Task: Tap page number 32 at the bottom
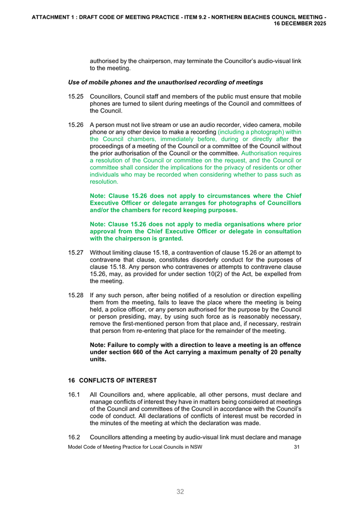click(x=180, y=491)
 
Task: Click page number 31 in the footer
click(x=297, y=447)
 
